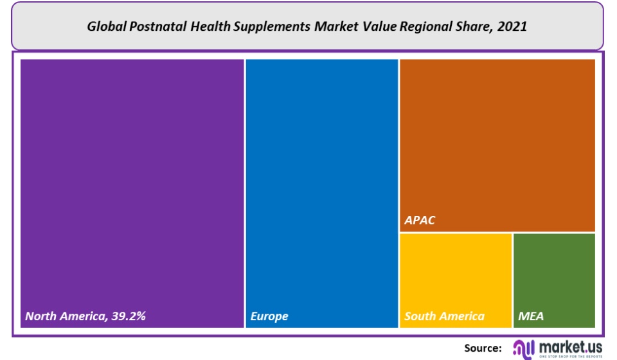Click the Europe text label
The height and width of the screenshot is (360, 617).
pyautogui.click(x=269, y=316)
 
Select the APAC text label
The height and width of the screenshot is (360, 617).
pyautogui.click(x=420, y=221)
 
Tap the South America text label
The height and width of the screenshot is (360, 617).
pyautogui.click(x=444, y=316)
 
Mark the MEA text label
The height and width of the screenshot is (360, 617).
pyautogui.click(x=530, y=316)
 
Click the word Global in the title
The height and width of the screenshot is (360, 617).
pyautogui.click(x=107, y=27)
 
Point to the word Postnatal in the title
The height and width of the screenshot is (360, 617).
pyautogui.click(x=160, y=27)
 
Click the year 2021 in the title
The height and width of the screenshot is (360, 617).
pyautogui.click(x=514, y=27)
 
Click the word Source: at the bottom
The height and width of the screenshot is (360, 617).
pyautogui.click(x=483, y=348)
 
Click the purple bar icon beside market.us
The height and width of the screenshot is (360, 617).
pyautogui.click(x=524, y=348)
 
